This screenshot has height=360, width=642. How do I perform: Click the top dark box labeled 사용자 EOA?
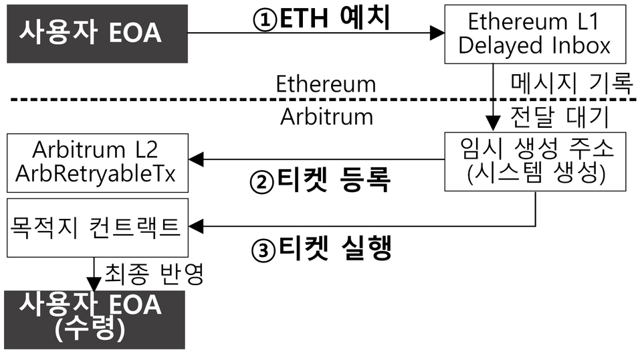[94, 32]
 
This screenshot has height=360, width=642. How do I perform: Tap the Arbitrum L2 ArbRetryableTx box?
[96, 161]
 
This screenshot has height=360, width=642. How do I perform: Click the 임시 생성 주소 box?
[537, 161]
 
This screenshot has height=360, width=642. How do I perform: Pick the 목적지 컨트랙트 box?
[96, 227]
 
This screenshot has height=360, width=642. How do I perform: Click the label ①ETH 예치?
[322, 17]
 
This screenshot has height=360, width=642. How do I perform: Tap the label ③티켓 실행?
[320, 249]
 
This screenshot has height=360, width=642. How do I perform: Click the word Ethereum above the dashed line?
[326, 85]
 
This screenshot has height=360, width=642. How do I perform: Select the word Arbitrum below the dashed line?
[326, 116]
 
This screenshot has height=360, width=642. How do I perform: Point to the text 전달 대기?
[559, 116]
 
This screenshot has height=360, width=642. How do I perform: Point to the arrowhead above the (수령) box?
[94, 284]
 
